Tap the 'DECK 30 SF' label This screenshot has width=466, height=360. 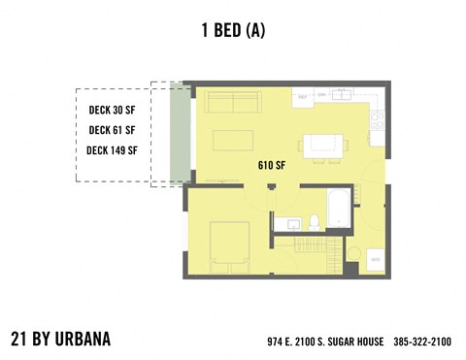click(113, 109)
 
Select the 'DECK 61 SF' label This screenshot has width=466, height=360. click(113, 129)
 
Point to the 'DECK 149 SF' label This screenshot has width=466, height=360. click(113, 150)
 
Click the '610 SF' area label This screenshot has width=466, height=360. click(272, 165)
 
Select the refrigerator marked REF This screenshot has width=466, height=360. click(302, 97)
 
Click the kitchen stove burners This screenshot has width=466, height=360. click(377, 119)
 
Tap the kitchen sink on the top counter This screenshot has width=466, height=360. click(342, 95)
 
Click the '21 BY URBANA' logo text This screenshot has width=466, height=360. click(60, 340)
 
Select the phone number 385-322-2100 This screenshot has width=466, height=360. click(422, 342)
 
